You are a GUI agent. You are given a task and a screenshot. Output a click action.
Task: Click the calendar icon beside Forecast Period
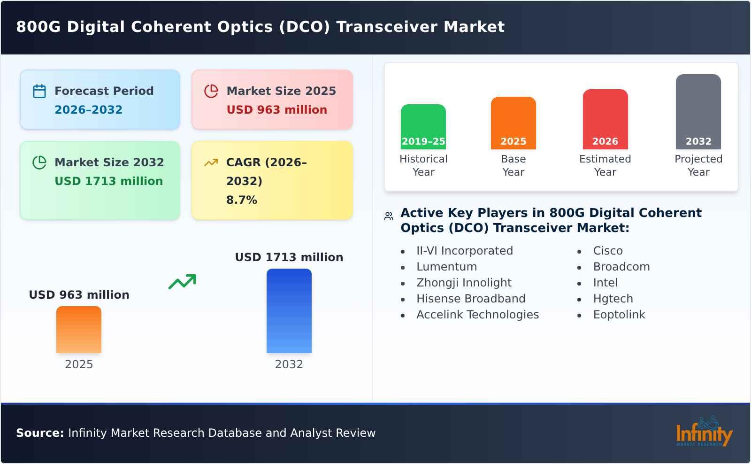click(39, 91)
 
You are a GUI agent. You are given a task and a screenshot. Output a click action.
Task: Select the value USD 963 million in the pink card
click(276, 110)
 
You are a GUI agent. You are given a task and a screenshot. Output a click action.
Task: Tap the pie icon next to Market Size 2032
click(39, 162)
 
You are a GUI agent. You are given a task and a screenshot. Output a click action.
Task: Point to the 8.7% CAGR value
click(241, 200)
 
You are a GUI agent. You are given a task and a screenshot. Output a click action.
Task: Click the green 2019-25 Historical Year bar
click(423, 126)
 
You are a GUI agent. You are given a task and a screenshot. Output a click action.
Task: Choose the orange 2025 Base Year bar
click(513, 123)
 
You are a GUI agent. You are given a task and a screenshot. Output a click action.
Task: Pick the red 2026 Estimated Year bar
click(605, 119)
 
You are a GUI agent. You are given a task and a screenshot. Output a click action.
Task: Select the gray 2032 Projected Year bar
click(698, 111)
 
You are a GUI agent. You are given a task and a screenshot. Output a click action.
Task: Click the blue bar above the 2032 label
click(289, 311)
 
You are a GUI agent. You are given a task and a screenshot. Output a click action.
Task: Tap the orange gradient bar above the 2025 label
click(79, 330)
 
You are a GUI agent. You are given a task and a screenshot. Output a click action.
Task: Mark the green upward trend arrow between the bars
click(182, 282)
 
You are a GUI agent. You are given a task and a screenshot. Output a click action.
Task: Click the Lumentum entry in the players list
click(446, 267)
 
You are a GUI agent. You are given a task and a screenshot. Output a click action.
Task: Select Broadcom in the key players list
click(621, 267)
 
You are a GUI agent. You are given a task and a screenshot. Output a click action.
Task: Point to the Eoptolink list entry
click(619, 315)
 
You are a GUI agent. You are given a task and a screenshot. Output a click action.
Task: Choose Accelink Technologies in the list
click(477, 315)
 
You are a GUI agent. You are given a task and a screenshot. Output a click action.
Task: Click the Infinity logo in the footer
click(704, 433)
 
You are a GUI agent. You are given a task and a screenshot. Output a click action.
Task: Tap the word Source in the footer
click(39, 433)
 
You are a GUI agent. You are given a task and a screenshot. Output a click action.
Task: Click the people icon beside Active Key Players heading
click(389, 216)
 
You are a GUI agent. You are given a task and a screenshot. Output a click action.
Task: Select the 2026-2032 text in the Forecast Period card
click(88, 110)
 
